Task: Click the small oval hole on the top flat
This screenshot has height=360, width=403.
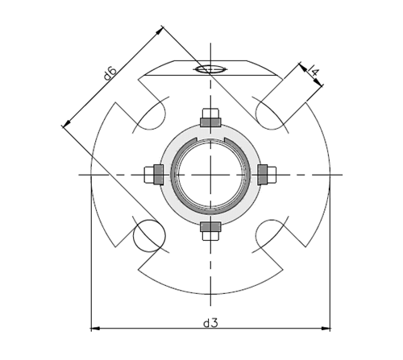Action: (x=209, y=68)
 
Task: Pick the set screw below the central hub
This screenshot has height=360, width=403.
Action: (x=210, y=230)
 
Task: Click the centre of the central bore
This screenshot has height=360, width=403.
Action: (x=210, y=174)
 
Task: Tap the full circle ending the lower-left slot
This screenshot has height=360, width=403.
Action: (x=149, y=234)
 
